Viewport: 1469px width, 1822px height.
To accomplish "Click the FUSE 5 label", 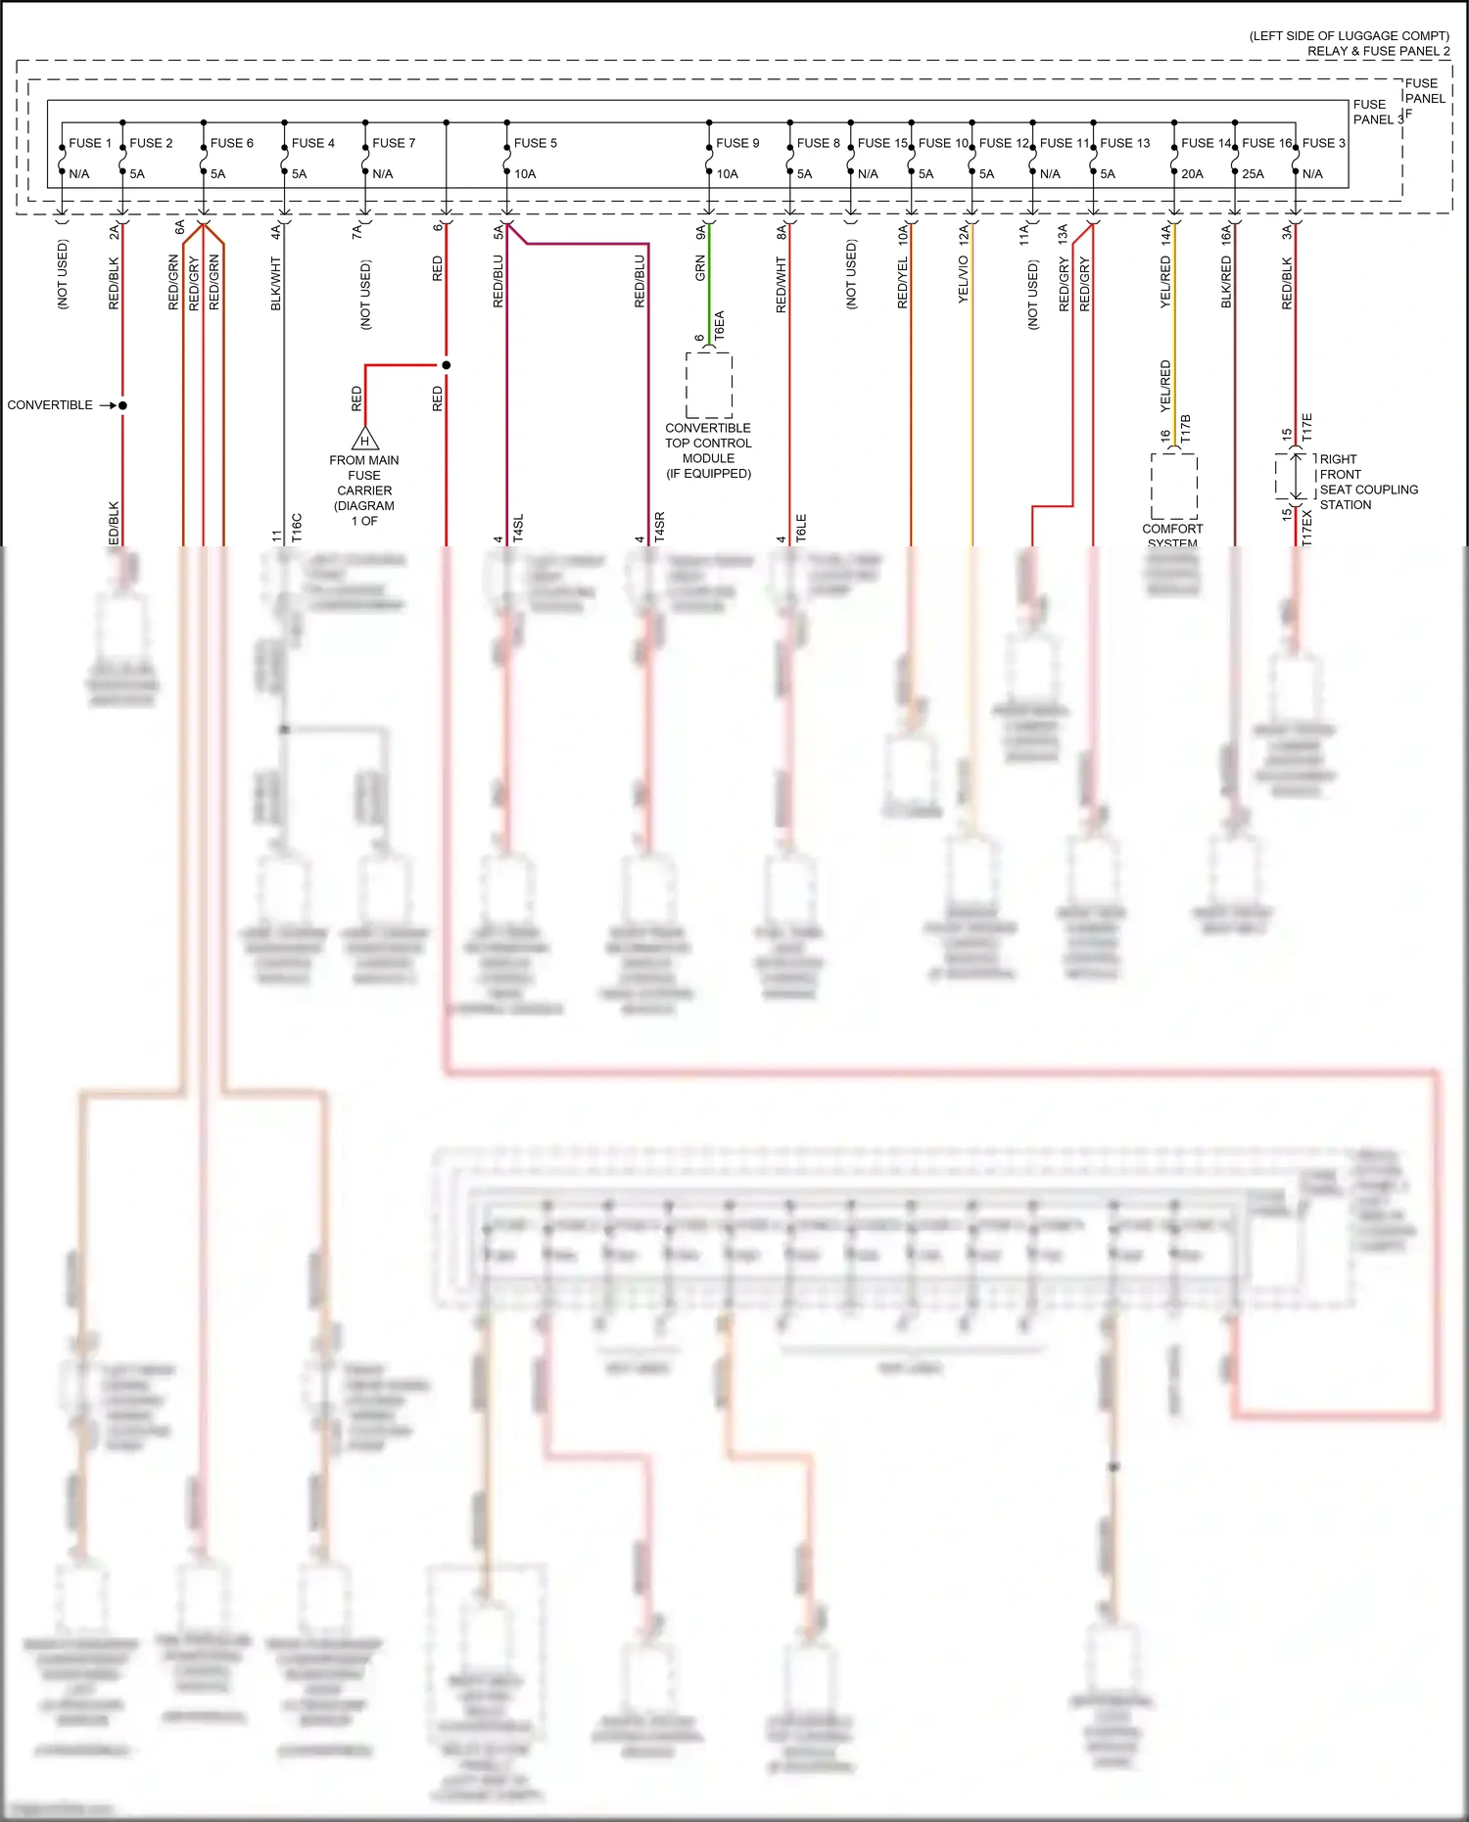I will (535, 143).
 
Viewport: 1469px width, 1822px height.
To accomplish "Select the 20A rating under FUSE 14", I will (1192, 174).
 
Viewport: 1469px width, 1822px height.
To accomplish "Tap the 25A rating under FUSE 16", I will (1253, 174).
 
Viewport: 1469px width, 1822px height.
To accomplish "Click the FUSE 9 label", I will (737, 143).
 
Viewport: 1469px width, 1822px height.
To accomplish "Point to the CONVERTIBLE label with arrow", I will (50, 405).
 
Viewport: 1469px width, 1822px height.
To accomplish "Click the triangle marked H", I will (364, 440).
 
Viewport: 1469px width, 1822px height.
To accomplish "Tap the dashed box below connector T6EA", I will (709, 385).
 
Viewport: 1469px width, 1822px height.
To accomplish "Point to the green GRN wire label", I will (700, 268).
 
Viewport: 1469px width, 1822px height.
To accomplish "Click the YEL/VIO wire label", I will (963, 279).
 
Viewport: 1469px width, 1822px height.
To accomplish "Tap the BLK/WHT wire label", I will (276, 284).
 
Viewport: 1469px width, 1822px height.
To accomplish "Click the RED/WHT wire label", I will (781, 285).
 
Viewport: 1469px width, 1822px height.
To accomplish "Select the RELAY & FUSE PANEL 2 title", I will (1378, 51).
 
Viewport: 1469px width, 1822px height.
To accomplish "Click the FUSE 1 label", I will (90, 143).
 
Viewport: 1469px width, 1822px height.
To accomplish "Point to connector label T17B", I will (1185, 429).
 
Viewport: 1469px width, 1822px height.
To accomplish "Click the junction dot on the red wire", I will (446, 365).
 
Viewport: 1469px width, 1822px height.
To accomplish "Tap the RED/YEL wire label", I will (902, 283).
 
